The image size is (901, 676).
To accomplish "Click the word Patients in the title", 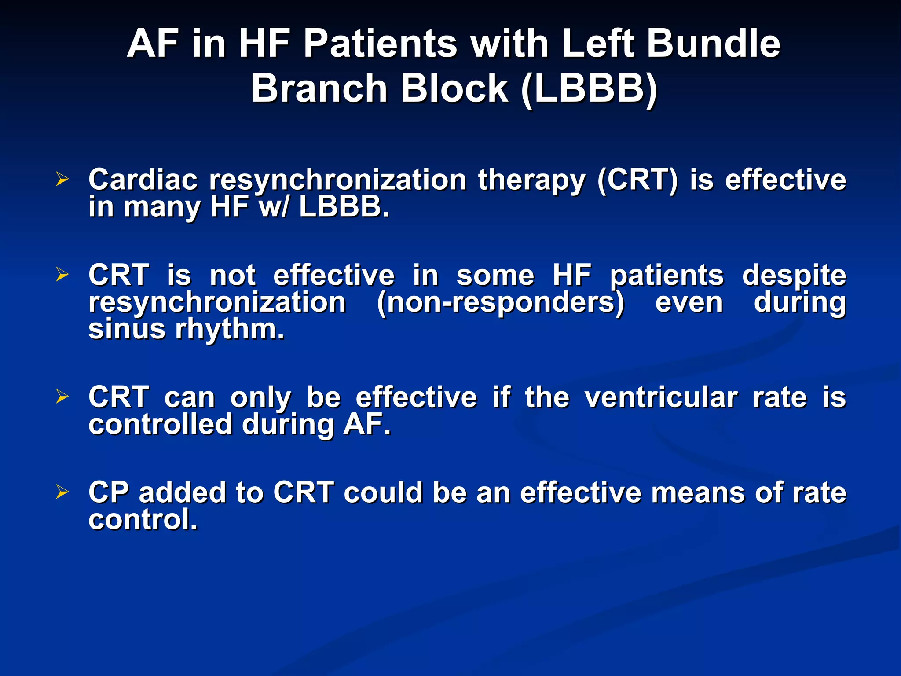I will [x=380, y=43].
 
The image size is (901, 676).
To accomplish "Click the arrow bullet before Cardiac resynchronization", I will [x=62, y=179].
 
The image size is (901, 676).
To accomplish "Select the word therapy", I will [x=532, y=180].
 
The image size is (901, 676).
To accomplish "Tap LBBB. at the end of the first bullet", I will [x=344, y=207].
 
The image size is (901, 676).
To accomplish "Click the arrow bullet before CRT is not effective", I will [x=62, y=275].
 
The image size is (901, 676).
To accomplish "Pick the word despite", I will [x=794, y=276].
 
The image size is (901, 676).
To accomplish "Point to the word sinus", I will [x=126, y=329].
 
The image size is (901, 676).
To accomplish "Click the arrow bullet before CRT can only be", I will [x=62, y=397].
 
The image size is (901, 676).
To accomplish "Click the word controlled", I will [x=160, y=424].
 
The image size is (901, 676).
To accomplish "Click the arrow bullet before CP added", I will [x=62, y=492].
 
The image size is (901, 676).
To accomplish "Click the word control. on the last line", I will [x=143, y=520].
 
